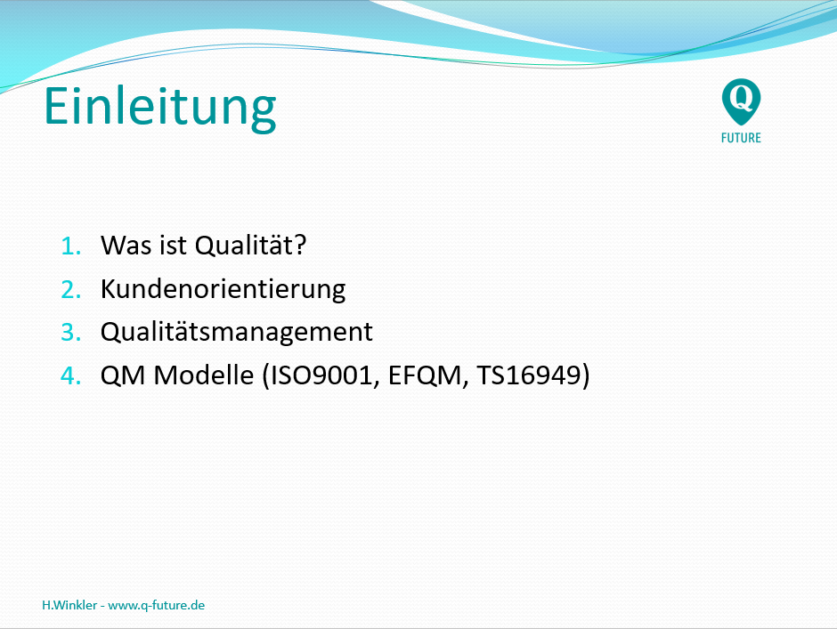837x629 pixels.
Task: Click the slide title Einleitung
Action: [159, 108]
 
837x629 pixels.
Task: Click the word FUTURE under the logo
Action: [741, 138]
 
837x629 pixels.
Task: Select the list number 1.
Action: [70, 246]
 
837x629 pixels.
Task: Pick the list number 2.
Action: [70, 290]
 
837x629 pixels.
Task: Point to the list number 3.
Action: [70, 332]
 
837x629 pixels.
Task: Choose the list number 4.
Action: [70, 375]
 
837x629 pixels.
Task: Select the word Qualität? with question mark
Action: [250, 246]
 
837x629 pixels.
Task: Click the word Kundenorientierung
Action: [223, 290]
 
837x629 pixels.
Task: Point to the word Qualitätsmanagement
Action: [237, 333]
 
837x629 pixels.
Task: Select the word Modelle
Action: [203, 375]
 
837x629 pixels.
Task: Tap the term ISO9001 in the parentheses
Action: [321, 375]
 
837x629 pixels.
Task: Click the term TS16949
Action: [528, 375]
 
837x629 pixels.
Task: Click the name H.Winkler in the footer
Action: [69, 605]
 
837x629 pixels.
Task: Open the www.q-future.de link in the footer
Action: [157, 606]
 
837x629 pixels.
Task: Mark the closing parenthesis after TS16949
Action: [586, 375]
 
